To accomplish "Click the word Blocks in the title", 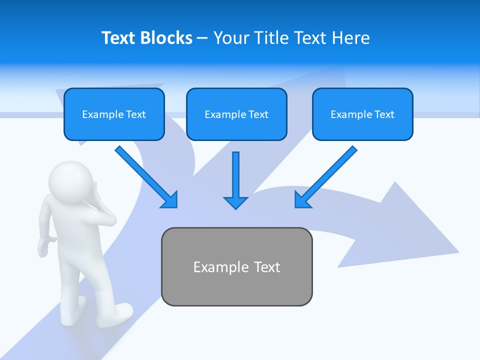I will tap(166, 38).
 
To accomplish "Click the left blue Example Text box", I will tap(114, 114).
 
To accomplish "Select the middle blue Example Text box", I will tap(236, 114).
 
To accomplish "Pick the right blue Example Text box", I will tap(362, 114).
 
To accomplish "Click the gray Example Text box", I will tap(236, 266).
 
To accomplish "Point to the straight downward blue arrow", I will tap(235, 180).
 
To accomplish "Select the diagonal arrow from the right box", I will tap(325, 177).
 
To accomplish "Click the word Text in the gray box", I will tap(267, 267).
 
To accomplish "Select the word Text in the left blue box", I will tap(135, 114).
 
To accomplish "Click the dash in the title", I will tap(202, 38).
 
